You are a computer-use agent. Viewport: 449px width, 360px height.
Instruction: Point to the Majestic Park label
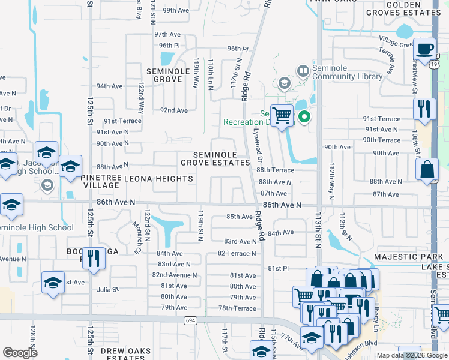[x=408, y=256]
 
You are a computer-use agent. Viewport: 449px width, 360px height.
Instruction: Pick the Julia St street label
[x=109, y=289]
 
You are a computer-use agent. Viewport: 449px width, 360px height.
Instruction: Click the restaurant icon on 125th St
[x=92, y=259]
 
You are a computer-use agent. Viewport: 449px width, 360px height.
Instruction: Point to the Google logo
[x=20, y=352]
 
